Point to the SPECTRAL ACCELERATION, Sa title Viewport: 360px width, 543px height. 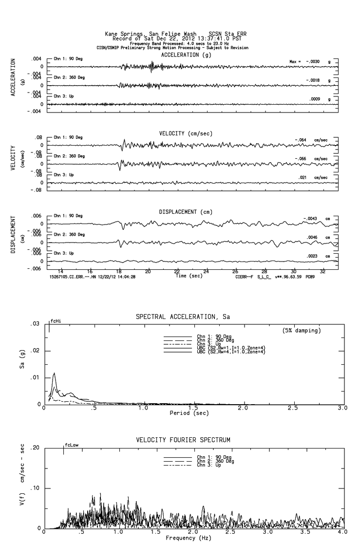point(183,317)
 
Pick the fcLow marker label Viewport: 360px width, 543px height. point(72,445)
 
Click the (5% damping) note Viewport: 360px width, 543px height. point(302,331)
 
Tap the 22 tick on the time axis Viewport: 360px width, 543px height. point(177,271)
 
